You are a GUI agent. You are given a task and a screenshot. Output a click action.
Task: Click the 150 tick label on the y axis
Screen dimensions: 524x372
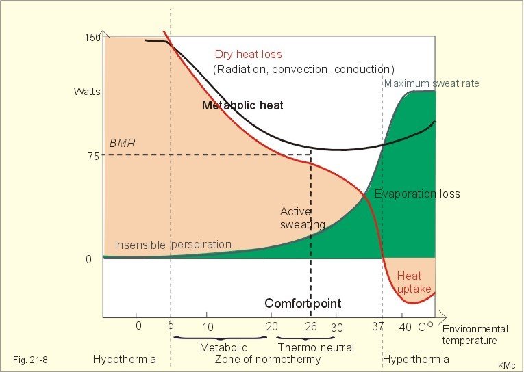[92, 38]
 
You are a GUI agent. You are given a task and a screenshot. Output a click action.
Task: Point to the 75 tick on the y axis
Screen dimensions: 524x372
[94, 156]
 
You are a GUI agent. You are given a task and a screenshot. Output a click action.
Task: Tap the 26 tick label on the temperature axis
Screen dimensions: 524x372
[311, 326]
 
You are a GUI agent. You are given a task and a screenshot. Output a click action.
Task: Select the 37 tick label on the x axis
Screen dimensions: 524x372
[377, 326]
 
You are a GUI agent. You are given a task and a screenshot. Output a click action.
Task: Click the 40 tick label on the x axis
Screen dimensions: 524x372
[405, 327]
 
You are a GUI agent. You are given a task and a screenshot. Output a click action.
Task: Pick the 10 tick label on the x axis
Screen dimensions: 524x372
[208, 327]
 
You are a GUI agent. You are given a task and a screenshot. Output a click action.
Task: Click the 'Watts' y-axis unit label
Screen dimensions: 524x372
[87, 92]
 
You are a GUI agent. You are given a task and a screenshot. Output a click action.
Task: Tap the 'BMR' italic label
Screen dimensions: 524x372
[123, 143]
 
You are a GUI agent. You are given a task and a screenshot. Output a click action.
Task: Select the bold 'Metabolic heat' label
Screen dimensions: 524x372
[242, 105]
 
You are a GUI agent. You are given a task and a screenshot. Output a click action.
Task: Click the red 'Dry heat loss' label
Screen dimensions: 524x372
[248, 55]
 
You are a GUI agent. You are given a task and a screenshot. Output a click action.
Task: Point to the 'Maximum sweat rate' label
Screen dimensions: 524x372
[432, 83]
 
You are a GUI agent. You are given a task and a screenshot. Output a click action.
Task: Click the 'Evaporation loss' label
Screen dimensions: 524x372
[417, 194]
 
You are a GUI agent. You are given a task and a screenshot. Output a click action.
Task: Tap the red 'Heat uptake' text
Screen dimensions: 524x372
[414, 282]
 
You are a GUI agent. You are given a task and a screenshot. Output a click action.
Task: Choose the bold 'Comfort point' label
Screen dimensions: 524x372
[303, 303]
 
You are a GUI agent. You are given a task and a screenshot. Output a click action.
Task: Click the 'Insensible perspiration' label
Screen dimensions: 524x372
[173, 245]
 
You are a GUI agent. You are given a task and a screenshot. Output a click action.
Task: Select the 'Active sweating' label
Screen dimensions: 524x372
[303, 218]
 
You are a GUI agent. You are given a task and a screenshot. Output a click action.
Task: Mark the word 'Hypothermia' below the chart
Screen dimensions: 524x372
[124, 359]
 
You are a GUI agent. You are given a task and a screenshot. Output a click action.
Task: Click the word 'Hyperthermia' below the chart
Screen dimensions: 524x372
[416, 359]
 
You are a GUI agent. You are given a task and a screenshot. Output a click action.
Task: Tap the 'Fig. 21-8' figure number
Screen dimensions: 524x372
[30, 360]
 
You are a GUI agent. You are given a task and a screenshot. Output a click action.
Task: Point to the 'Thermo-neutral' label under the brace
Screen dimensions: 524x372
[316, 347]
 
